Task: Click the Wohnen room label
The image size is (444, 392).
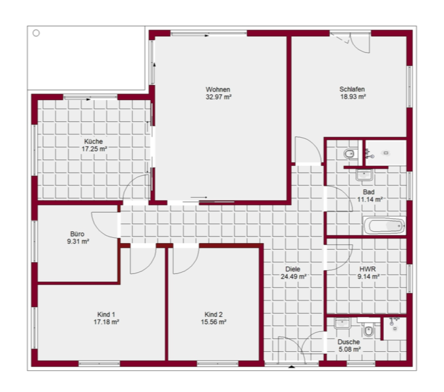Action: point(218,90)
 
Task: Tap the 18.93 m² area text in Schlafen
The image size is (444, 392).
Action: point(353,97)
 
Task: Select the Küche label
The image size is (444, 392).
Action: point(94,142)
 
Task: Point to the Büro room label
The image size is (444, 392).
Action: point(77,234)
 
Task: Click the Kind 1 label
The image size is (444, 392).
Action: point(106,314)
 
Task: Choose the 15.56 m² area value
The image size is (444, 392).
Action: point(213,322)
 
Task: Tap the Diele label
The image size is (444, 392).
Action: point(292,269)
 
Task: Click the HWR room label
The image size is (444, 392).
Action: point(368,269)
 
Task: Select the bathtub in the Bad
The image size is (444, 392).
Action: point(385,226)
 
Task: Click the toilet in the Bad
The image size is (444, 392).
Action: point(349,154)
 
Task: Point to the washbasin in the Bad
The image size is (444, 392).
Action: point(364,175)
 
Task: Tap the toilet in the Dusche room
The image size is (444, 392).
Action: point(368,330)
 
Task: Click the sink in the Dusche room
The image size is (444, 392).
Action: point(343,323)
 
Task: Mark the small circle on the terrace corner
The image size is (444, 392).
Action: point(36,33)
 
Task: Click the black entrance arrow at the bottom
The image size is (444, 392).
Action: point(292,367)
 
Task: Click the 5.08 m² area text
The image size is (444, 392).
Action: point(349,350)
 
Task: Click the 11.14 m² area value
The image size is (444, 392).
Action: point(370,200)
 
